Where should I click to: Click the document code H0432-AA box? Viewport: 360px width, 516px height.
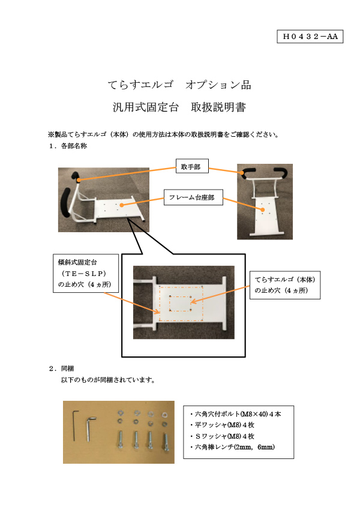(310, 36)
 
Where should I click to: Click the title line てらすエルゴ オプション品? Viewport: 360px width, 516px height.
(179, 85)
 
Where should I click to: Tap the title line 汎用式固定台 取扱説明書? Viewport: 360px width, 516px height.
(179, 107)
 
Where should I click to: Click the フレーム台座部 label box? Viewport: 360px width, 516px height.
(193, 197)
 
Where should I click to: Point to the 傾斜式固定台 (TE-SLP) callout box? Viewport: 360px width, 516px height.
(86, 273)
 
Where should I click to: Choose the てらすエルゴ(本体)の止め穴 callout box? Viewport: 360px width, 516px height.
(285, 285)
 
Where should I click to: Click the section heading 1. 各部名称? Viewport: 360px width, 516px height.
(68, 146)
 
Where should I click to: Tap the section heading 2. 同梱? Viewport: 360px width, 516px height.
(62, 368)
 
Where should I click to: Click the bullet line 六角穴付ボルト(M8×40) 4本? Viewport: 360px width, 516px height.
(236, 414)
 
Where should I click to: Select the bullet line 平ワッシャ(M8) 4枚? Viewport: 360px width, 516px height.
(223, 425)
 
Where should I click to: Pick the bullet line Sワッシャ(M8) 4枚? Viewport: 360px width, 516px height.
(223, 436)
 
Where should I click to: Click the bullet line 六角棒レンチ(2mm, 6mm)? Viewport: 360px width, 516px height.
(232, 447)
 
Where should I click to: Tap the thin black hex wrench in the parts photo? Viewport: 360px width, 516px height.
(76, 425)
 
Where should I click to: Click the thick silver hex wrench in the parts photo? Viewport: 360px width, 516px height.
(90, 429)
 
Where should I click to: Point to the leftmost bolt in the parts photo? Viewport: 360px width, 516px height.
(121, 440)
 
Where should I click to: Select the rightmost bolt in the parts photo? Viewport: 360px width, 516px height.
(166, 441)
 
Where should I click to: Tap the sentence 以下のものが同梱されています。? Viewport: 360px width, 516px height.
(108, 380)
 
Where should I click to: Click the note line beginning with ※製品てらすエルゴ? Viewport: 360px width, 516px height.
(164, 134)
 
